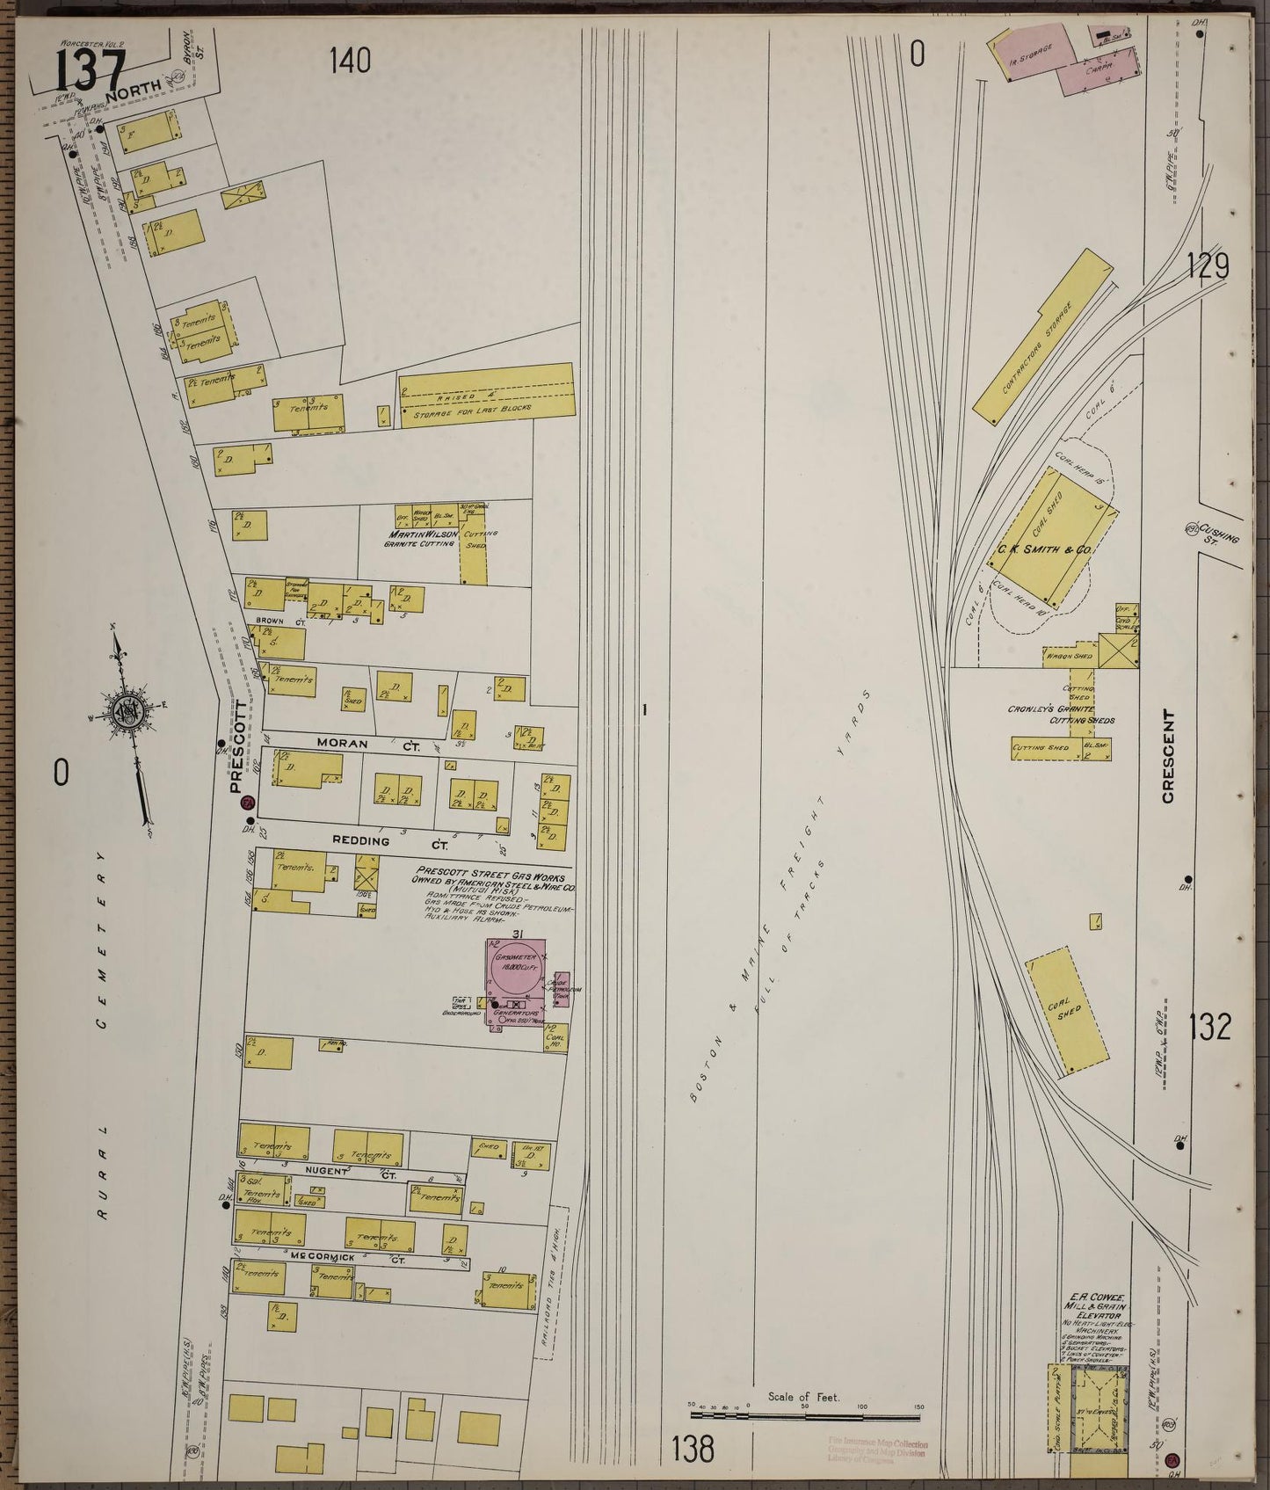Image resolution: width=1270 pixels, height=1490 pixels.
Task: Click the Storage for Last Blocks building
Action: (487, 397)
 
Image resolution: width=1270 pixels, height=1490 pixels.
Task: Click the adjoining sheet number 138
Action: (693, 1449)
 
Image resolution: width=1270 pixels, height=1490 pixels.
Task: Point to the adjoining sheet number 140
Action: (350, 61)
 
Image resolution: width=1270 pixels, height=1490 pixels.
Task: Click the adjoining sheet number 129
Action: (1208, 266)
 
